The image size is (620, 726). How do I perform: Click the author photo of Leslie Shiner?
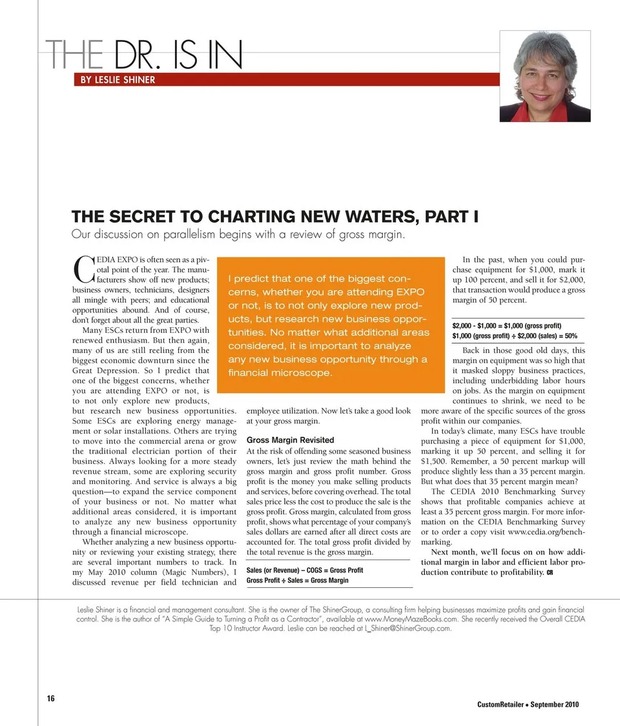(545, 76)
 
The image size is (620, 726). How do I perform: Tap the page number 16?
(50, 698)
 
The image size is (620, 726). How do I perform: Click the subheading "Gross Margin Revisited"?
(281, 440)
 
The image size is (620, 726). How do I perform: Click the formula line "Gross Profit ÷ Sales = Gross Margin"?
(297, 580)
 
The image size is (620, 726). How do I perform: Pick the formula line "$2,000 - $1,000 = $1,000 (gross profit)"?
(506, 325)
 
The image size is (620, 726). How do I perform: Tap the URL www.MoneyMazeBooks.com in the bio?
(411, 618)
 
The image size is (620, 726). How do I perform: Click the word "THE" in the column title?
(74, 57)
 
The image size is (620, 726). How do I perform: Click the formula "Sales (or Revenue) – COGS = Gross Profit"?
(305, 570)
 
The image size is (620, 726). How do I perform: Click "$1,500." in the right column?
(432, 463)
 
